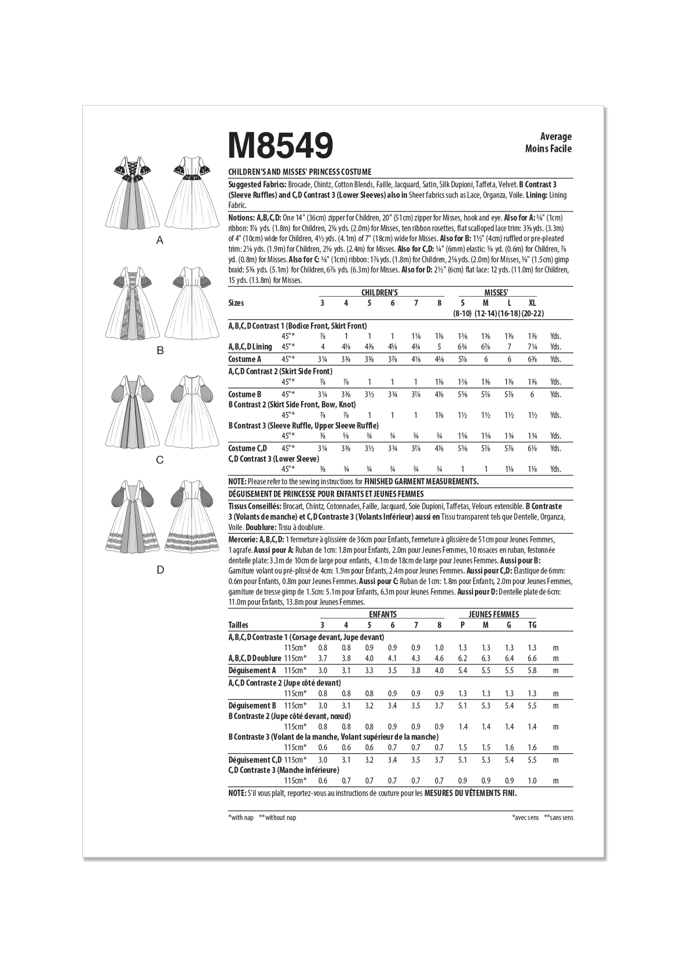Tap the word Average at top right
coord(555,137)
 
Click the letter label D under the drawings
coord(160,570)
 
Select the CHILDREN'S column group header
coord(379,293)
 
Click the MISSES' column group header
coord(497,293)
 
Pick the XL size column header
coord(532,303)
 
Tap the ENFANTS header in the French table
coord(382,614)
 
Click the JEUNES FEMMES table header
coord(498,614)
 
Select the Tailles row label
coord(239,625)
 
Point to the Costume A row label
coord(245,359)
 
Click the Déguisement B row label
coord(253,706)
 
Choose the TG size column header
coord(532,625)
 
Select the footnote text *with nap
coord(242,818)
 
